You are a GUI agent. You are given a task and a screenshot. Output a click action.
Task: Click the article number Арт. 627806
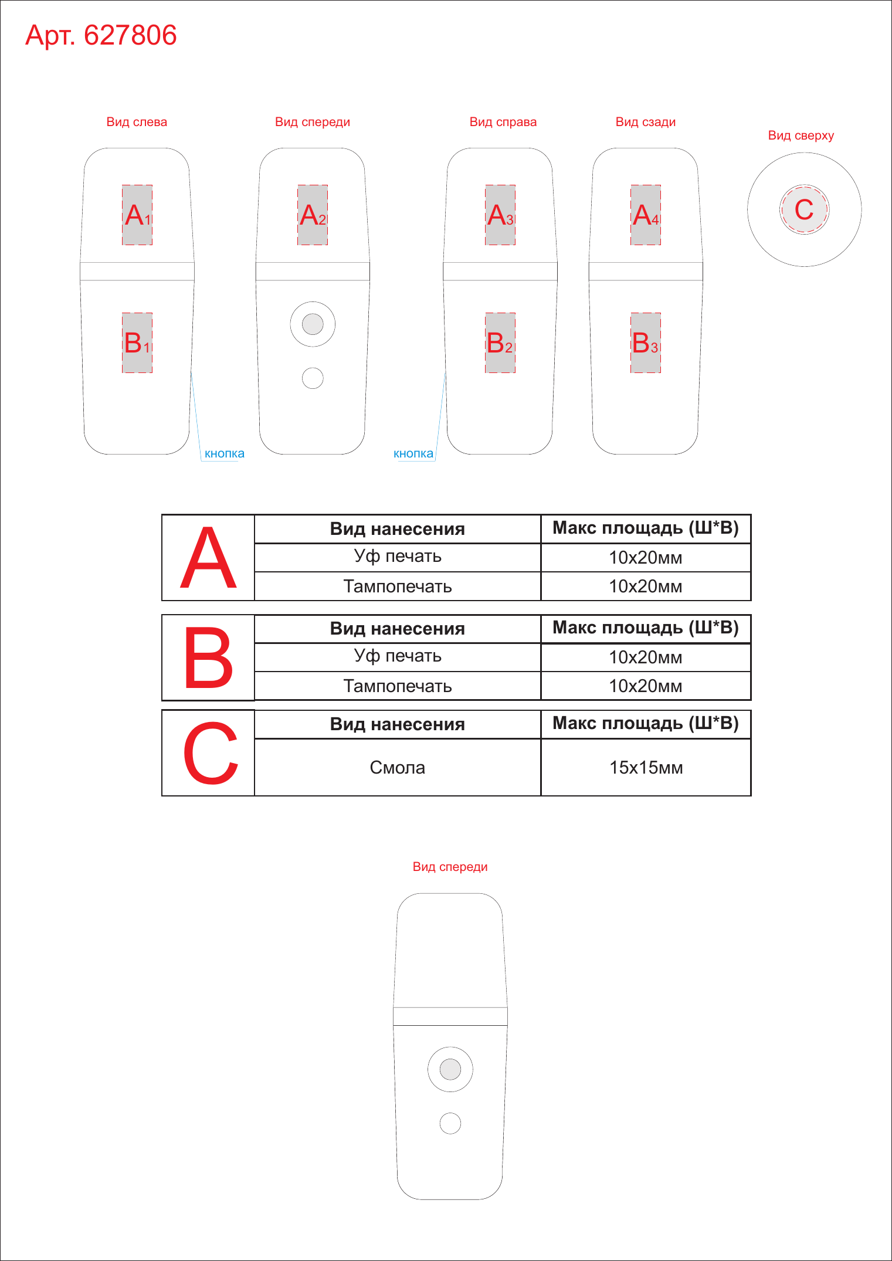pyautogui.click(x=101, y=35)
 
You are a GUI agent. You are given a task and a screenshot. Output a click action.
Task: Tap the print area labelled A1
pyautogui.click(x=137, y=215)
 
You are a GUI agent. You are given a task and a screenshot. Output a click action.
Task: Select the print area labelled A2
pyautogui.click(x=313, y=215)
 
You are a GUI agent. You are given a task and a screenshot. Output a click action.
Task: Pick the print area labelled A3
pyautogui.click(x=500, y=215)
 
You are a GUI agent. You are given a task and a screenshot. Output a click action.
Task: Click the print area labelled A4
pyautogui.click(x=646, y=215)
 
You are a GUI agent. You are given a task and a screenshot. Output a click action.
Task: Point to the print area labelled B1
pyautogui.click(x=137, y=343)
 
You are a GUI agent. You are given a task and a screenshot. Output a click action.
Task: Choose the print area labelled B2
pyautogui.click(x=500, y=343)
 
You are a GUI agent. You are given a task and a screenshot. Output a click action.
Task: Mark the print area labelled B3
pyautogui.click(x=646, y=343)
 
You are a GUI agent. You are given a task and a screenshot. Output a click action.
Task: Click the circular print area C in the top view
pyautogui.click(x=804, y=209)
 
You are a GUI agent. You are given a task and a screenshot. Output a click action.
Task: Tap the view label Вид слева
pyautogui.click(x=137, y=122)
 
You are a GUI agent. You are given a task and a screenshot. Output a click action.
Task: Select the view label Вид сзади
pyautogui.click(x=646, y=122)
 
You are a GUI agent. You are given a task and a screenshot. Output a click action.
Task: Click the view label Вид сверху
pyautogui.click(x=801, y=135)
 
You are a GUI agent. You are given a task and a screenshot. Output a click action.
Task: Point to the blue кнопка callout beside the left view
pyautogui.click(x=225, y=453)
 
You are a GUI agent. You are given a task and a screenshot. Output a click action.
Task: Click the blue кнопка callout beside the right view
pyautogui.click(x=413, y=453)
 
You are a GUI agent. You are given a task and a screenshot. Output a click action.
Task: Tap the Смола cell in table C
pyautogui.click(x=398, y=767)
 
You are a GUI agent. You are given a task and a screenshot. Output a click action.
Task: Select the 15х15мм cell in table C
pyautogui.click(x=646, y=767)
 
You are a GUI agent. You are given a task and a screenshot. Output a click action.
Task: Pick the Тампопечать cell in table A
pyautogui.click(x=398, y=587)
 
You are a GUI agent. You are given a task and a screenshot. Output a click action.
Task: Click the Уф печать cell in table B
pyautogui.click(x=398, y=656)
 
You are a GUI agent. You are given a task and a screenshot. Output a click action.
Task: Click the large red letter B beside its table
pyautogui.click(x=208, y=657)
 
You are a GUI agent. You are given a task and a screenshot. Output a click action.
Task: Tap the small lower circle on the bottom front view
pyautogui.click(x=450, y=1123)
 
